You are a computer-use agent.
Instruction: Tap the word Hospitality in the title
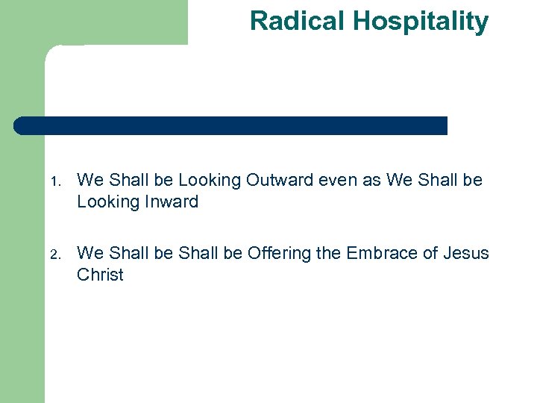coord(421,21)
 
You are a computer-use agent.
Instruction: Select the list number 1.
coord(55,181)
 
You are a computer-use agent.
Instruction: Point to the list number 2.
coord(55,254)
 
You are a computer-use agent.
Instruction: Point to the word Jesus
coord(466,253)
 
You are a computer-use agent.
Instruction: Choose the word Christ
coord(100,275)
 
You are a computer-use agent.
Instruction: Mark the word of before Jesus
coord(431,253)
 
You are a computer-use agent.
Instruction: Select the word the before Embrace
coord(328,253)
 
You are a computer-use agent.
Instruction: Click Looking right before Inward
coord(104,201)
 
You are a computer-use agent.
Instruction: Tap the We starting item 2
coord(90,253)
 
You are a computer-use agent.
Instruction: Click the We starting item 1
coord(90,180)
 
